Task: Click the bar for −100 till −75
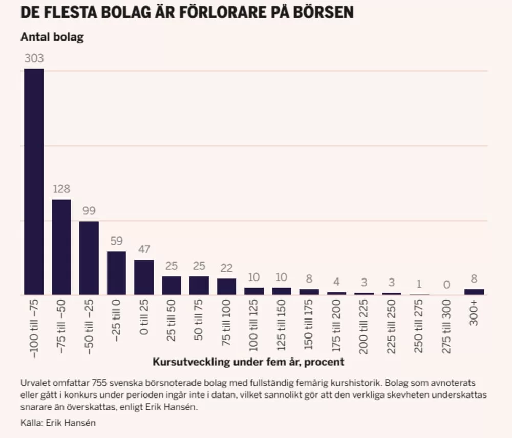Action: (x=34, y=182)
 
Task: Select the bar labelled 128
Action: (x=61, y=247)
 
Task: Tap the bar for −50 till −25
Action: (x=89, y=258)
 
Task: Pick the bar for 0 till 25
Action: (x=144, y=277)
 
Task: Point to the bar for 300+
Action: (x=475, y=292)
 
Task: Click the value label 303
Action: (x=34, y=58)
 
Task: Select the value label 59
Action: (x=117, y=241)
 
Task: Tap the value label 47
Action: (x=144, y=249)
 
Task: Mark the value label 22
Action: (x=227, y=268)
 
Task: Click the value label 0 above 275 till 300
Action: (x=446, y=285)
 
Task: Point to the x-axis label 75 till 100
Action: (x=226, y=323)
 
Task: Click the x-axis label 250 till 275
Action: (x=419, y=326)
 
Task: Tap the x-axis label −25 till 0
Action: (x=116, y=321)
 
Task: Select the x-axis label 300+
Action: (x=474, y=313)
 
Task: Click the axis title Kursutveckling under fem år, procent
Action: (x=248, y=362)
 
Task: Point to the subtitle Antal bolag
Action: (x=52, y=37)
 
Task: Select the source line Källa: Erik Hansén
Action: (x=58, y=423)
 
